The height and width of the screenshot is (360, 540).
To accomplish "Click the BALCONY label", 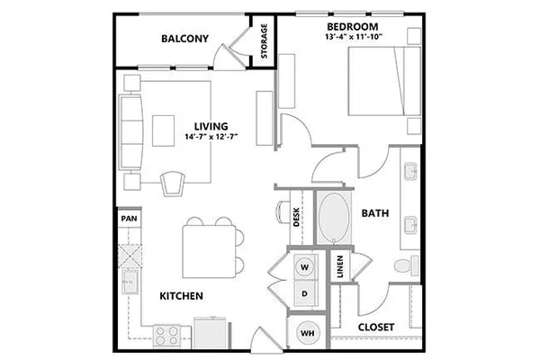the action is coord(184,38).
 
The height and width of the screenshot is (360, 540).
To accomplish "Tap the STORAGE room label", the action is coord(264,41).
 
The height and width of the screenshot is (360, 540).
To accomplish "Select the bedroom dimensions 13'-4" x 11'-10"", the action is coord(354,37).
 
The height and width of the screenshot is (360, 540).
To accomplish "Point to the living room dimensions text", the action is coord(211,137).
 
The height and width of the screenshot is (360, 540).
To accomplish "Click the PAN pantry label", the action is coord(129,219).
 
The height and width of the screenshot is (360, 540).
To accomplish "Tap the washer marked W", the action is coord(305,267).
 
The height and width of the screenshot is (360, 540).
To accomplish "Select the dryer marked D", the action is coord(305,293).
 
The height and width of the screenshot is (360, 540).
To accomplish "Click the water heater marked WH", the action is coord(308,333).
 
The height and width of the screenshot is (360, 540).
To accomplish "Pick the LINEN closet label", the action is coord(340,266).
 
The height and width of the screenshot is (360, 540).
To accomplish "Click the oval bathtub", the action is coord(334,218).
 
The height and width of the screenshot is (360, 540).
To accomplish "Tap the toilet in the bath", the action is coord(407,265).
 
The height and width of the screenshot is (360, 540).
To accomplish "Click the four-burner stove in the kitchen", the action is coord(167,337).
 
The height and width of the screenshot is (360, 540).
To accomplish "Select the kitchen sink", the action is coord(130,282).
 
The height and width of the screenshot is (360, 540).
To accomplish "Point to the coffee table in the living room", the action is coord(163,130).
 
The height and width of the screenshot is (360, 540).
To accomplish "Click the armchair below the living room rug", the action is coord(173,184).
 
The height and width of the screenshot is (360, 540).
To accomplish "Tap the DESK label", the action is coord(296,218).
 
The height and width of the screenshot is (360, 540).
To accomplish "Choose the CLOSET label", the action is coord(376,327).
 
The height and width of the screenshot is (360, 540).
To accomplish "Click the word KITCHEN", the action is coord(182,296).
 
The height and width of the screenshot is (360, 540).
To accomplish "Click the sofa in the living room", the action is coord(130,132).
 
